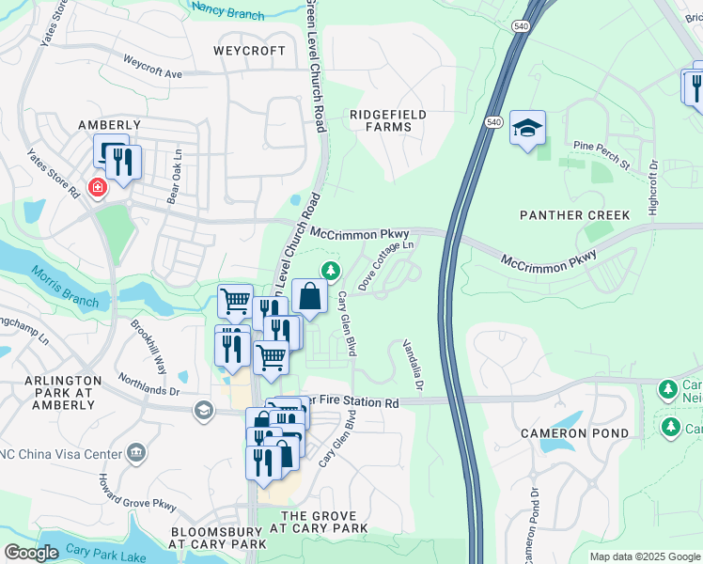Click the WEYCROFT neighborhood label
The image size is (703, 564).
click(x=249, y=51)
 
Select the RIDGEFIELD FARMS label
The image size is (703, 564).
click(x=387, y=120)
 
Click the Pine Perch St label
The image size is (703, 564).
click(x=601, y=155)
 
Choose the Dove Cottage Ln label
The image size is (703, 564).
click(x=385, y=264)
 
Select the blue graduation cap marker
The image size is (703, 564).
click(x=527, y=128)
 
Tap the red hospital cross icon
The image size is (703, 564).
click(x=96, y=188)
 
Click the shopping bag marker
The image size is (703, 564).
click(x=309, y=297)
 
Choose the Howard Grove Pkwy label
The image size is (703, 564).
click(x=137, y=493)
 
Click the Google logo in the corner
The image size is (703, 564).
click(x=31, y=553)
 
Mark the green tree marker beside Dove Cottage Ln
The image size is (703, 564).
click(x=330, y=272)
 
